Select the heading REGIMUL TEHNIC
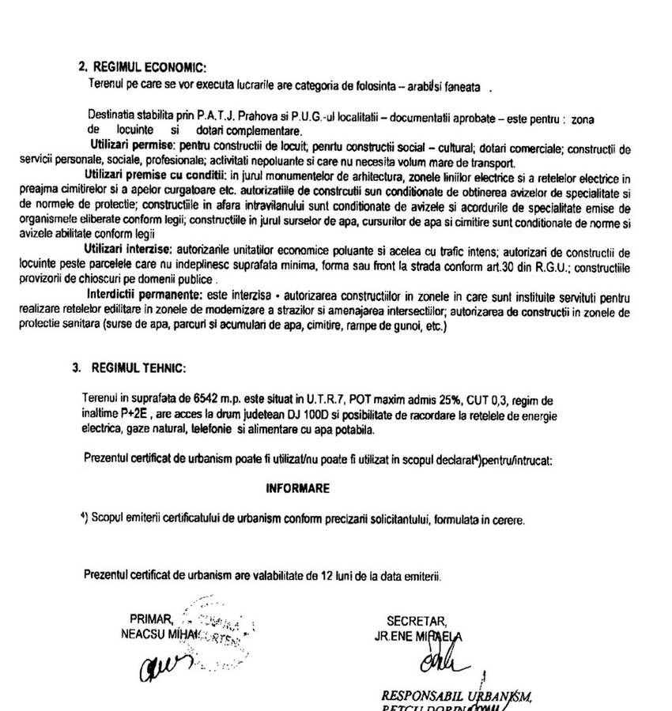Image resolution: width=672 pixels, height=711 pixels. coord(138,368)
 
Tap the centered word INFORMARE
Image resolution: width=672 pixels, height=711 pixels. coord(297,489)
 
